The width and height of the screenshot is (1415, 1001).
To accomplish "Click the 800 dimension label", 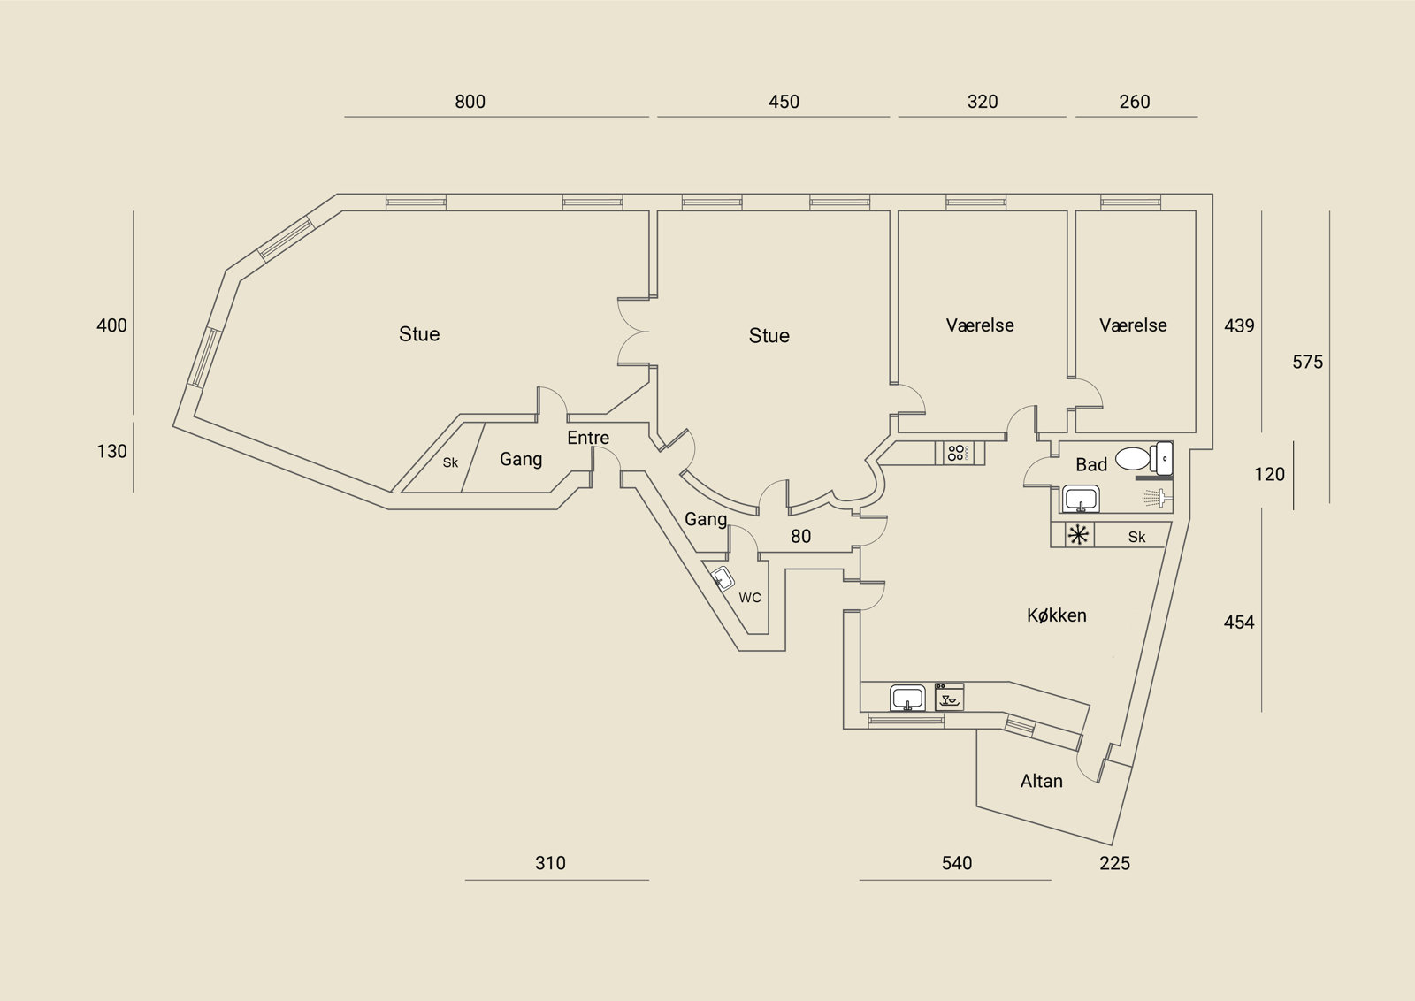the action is pos(470,102).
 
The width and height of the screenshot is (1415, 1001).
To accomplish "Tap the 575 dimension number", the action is pos(1307,362).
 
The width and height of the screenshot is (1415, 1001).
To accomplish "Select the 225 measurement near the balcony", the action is pos(1114,863).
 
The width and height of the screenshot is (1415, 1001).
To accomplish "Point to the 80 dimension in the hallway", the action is pos(800,536).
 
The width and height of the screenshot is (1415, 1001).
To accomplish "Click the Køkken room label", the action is pos(1056,615).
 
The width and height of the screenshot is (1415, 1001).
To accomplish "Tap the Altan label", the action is pos(1041,781).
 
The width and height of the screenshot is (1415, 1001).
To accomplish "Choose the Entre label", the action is pos(588,438).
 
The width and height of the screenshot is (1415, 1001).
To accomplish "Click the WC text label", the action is pos(750,598).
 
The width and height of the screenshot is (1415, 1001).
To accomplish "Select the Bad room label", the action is pos(1091,465).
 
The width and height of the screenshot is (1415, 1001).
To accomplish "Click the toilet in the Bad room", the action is pos(1144,459).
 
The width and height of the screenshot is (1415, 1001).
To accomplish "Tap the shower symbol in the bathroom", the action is pos(1158,499).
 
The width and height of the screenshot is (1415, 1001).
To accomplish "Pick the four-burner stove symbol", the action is pos(956,453).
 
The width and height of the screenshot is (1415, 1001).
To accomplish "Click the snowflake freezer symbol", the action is pos(1078,536).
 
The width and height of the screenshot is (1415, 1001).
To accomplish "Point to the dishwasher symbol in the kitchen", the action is pos(949,697).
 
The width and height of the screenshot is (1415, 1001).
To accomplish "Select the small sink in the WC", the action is pos(723,578).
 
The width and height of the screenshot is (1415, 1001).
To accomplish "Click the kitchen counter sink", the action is pos(907,698).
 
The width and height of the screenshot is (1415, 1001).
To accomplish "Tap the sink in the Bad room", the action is pos(1081,499).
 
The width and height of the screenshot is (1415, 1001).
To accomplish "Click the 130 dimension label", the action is pos(111,452).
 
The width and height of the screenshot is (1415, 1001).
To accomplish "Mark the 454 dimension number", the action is pos(1239,623).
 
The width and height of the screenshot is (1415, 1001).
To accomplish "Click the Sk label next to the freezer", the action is pos(1136,537).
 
